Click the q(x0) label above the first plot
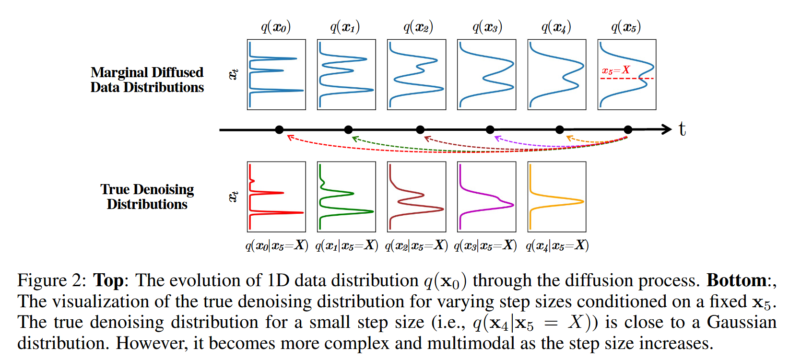point(276,27)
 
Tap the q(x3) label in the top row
point(487,27)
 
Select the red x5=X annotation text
point(616,70)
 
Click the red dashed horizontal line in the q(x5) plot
point(627,79)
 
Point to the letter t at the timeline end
point(682,129)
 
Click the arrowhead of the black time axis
point(666,129)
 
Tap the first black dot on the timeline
point(279,130)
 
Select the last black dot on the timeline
point(628,130)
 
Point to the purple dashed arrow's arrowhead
point(498,138)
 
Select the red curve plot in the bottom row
point(276,197)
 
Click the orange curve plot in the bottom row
point(557,197)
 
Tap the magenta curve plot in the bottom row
point(486,197)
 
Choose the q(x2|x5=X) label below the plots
point(416,245)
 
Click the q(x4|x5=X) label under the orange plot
point(557,245)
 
